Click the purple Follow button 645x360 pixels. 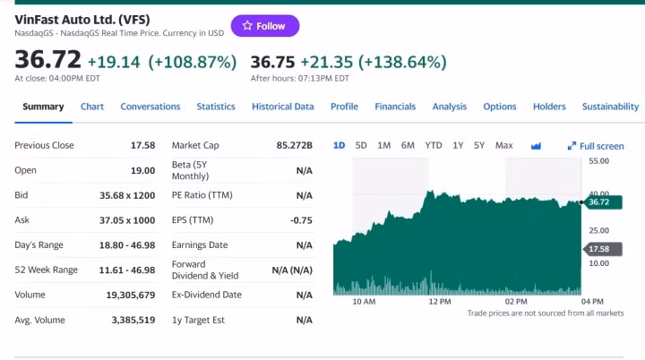click(265, 26)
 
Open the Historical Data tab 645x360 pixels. click(282, 107)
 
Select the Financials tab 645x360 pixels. click(395, 107)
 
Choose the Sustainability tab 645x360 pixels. click(610, 107)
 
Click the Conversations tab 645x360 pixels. click(150, 107)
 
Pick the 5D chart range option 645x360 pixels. click(361, 145)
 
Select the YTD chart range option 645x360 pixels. click(434, 145)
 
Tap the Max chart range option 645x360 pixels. click(503, 145)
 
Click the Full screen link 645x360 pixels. click(596, 146)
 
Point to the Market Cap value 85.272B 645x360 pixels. click(294, 145)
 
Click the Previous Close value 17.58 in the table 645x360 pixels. click(142, 145)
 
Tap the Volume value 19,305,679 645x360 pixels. click(131, 295)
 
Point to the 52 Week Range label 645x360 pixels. click(47, 270)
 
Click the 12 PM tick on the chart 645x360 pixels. click(440, 302)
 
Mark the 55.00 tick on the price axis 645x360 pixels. click(599, 161)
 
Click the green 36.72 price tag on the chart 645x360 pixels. click(598, 202)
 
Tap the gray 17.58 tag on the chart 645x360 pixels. click(598, 249)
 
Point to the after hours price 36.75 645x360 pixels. click(272, 62)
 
